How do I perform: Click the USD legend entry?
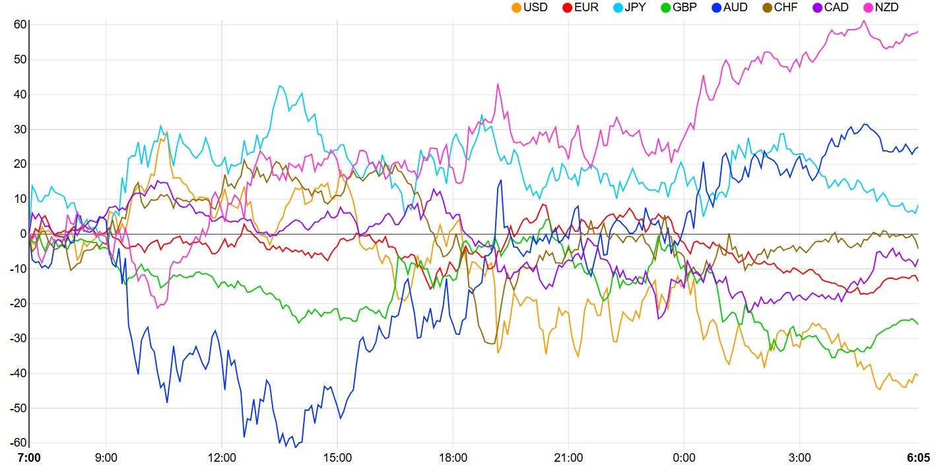point(529,8)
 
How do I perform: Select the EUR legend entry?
point(580,8)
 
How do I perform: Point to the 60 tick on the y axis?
point(19,24)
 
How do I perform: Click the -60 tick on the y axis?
point(17,443)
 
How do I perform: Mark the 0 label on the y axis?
point(22,234)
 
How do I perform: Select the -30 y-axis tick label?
point(17,338)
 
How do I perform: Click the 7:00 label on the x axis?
point(28,458)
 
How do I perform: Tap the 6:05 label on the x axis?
point(917,458)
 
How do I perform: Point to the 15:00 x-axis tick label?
point(337,458)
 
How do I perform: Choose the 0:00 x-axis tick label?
point(684,458)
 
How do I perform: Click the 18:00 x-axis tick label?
point(453,458)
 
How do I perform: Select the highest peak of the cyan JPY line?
point(280,85)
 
